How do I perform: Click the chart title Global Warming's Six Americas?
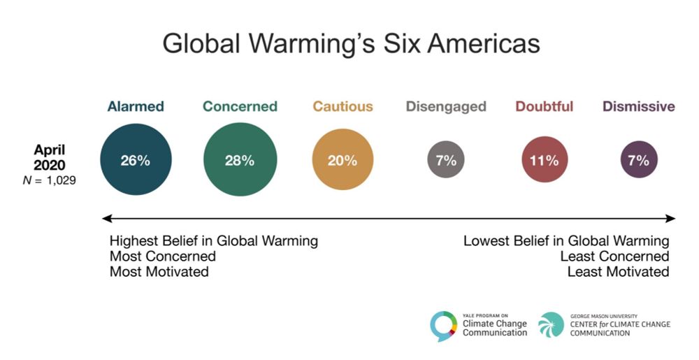pos(351,43)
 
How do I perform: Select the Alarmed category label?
pos(136,107)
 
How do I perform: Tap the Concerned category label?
pos(240,107)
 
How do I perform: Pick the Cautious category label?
pos(343,107)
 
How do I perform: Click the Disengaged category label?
pos(446,107)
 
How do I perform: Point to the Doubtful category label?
pos(545,107)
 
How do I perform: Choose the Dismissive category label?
pos(639,107)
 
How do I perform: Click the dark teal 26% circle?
pos(135,160)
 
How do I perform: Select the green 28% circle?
pos(240,160)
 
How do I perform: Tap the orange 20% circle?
pos(343,160)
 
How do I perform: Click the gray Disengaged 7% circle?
pos(446,161)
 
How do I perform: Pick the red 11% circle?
pos(544,161)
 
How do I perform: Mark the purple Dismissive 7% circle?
pos(639,161)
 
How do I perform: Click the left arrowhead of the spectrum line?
pos(106,219)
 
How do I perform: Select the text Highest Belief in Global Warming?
pos(213,241)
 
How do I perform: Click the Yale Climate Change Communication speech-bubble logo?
pos(443,325)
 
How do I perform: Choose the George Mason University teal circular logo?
pos(551,324)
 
